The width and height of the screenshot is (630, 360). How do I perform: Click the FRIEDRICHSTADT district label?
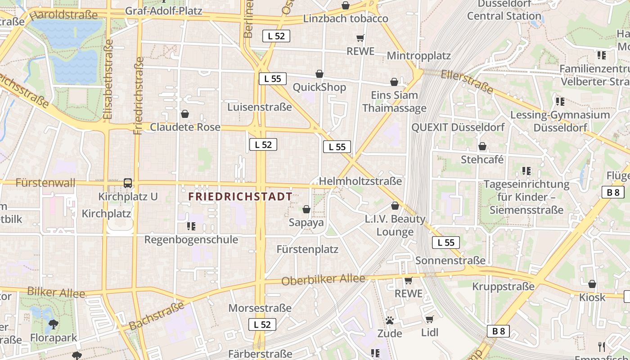click(x=240, y=197)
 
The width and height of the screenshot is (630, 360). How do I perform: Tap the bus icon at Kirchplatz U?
click(x=128, y=183)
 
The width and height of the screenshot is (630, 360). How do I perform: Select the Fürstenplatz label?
click(x=307, y=249)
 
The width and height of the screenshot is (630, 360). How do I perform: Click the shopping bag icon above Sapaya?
click(x=306, y=209)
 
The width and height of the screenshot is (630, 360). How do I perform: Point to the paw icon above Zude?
click(x=390, y=320)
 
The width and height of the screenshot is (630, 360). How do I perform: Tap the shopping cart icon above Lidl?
click(x=429, y=319)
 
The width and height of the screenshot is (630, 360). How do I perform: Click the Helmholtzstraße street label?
click(x=360, y=181)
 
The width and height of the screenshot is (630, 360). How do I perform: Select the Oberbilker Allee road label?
click(x=323, y=279)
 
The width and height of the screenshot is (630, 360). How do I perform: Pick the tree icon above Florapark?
click(x=54, y=324)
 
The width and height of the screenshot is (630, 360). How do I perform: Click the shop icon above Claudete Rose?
click(x=184, y=114)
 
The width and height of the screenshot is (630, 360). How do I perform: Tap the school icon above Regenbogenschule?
click(x=191, y=226)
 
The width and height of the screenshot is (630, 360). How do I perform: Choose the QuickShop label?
click(x=319, y=87)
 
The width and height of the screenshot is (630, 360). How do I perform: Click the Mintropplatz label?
click(x=419, y=56)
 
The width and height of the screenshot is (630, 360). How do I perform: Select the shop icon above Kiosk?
click(x=592, y=284)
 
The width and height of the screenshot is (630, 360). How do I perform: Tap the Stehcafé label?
click(x=482, y=160)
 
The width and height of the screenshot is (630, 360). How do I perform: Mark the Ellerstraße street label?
click(x=467, y=81)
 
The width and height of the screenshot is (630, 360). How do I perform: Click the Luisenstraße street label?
click(x=260, y=107)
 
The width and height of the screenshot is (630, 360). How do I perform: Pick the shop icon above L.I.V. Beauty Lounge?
click(x=395, y=206)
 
